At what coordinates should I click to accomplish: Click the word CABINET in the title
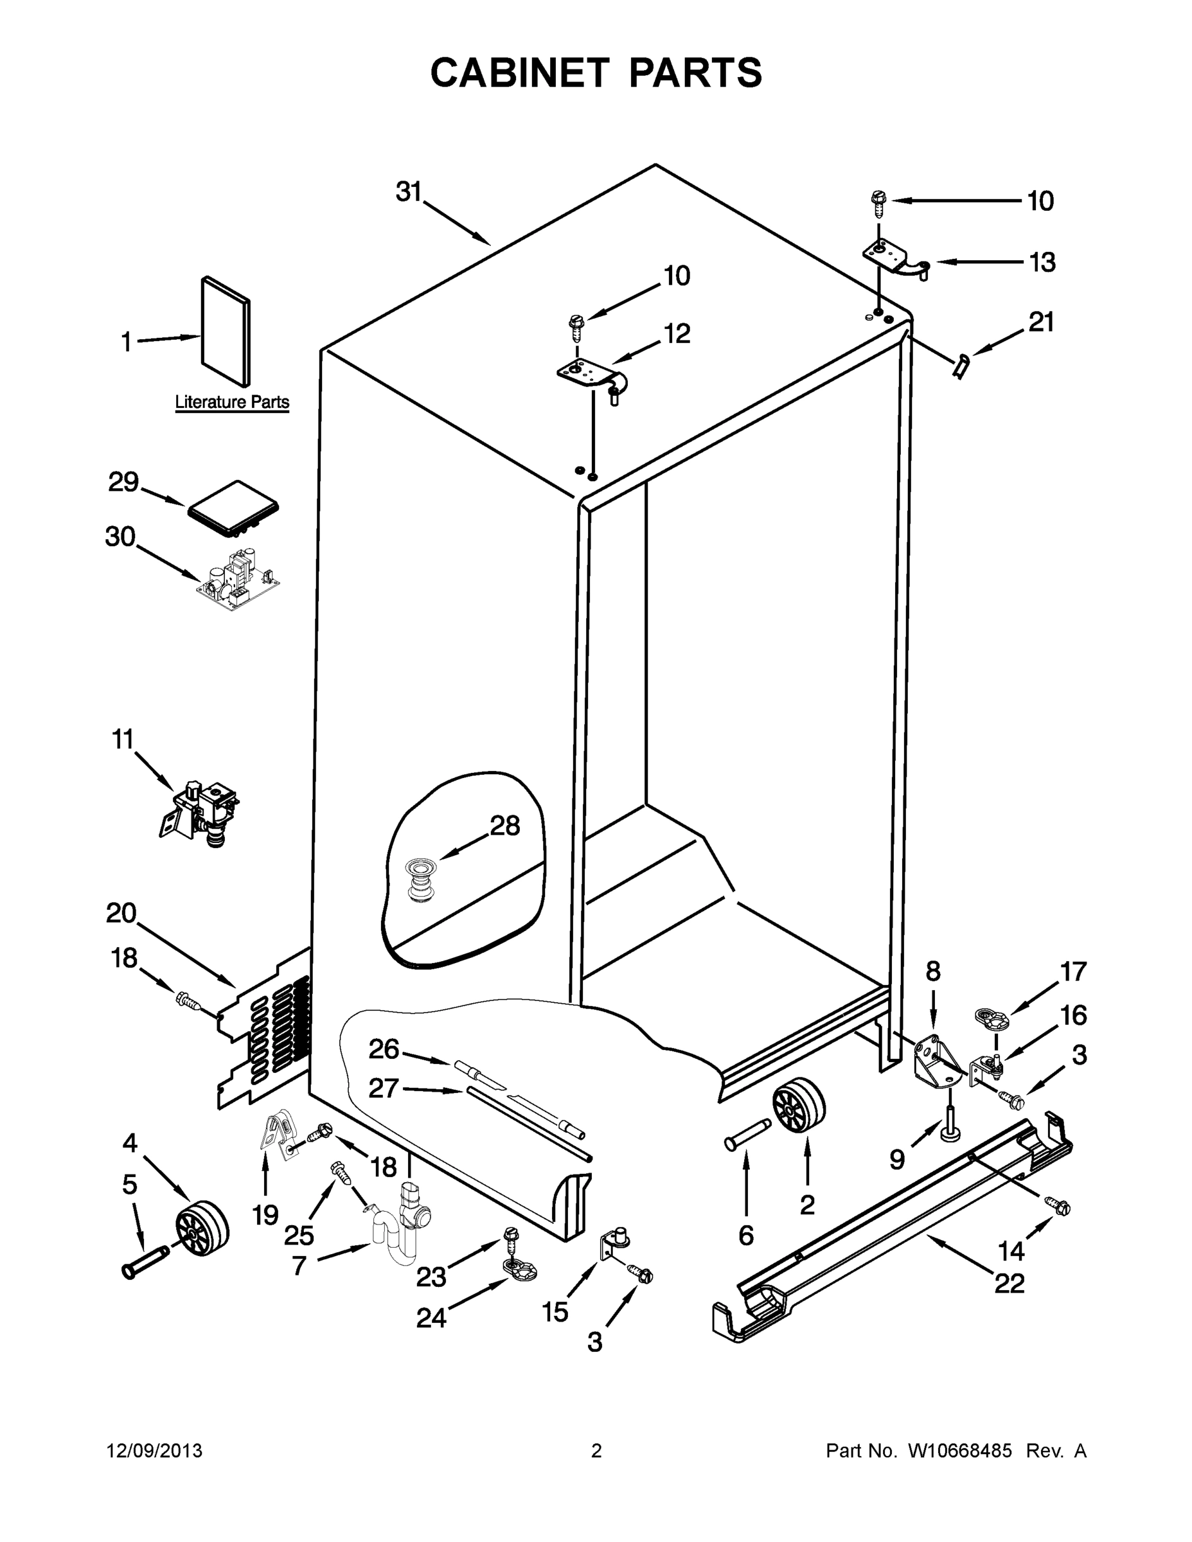(x=519, y=73)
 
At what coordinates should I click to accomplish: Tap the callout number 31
(x=408, y=192)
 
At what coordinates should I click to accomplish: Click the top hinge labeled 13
(x=895, y=259)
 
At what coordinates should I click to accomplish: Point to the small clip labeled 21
(x=961, y=366)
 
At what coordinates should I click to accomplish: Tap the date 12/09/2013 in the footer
(x=154, y=1450)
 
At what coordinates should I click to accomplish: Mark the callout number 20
(x=121, y=913)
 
